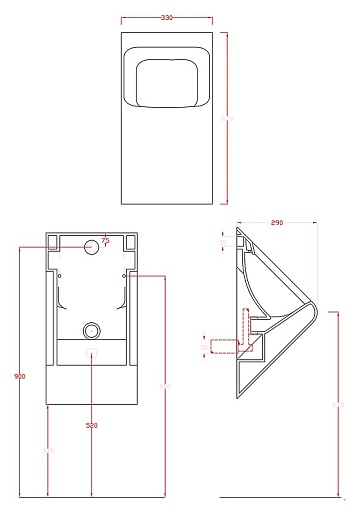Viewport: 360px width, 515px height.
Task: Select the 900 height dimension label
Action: [x=20, y=376]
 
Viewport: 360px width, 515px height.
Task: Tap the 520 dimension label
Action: [x=92, y=425]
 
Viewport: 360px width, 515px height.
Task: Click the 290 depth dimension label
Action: [x=276, y=223]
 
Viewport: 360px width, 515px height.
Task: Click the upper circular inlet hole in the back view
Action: [x=92, y=243]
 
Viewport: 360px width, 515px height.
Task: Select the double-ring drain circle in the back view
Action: [x=92, y=329]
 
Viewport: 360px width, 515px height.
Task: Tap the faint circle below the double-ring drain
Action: [x=92, y=354]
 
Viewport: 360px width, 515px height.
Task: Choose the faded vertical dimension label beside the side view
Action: [x=336, y=403]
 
